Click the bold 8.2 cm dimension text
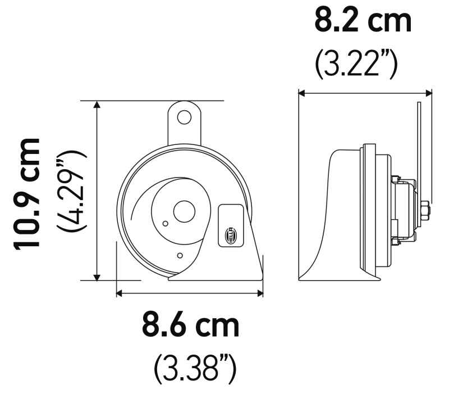[x=363, y=21]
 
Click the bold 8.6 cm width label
[x=190, y=325]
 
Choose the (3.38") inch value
[x=194, y=368]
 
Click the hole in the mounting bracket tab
[x=184, y=117]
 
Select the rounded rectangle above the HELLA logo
[x=231, y=214]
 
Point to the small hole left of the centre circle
[x=164, y=224]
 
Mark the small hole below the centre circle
[x=179, y=256]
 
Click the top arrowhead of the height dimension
[x=98, y=105]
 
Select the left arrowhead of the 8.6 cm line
[x=120, y=292]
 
